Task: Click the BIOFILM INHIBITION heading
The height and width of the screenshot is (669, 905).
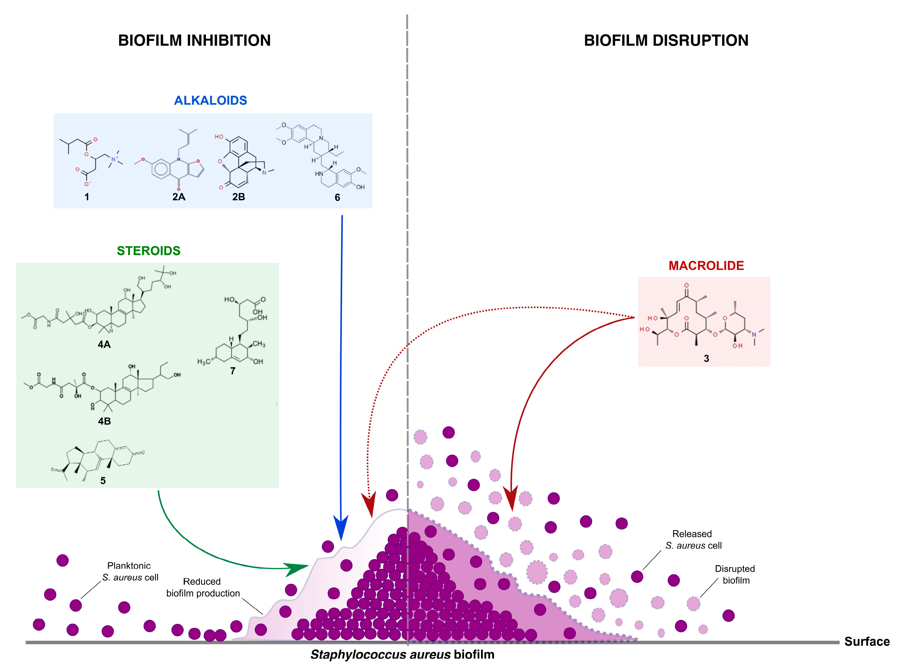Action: [x=194, y=40]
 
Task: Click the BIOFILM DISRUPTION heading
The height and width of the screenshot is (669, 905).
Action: [x=666, y=40]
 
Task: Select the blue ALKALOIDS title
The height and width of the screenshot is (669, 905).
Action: [x=210, y=100]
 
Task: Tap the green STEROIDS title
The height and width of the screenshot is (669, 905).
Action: [x=149, y=251]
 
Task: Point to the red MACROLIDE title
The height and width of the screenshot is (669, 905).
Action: [x=706, y=266]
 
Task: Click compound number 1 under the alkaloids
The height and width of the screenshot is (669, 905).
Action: [x=87, y=197]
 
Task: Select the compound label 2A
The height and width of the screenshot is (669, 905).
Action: [x=179, y=197]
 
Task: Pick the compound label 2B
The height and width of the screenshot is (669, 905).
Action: [x=238, y=197]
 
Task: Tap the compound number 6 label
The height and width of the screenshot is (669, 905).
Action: [x=337, y=198]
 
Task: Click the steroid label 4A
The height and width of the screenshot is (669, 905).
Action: [x=104, y=345]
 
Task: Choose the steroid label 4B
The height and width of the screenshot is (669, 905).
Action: [x=104, y=421]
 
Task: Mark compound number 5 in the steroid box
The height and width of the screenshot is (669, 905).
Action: [x=103, y=481]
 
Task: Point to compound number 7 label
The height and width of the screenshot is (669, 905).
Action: [x=233, y=371]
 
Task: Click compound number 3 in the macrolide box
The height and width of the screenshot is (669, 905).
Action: [x=706, y=359]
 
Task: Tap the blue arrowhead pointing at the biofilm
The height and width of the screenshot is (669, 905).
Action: [x=341, y=529]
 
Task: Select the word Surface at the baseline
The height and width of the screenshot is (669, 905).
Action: [x=867, y=642]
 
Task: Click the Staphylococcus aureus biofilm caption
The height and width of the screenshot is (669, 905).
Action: [x=402, y=655]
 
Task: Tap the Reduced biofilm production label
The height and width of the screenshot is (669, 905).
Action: [x=203, y=587]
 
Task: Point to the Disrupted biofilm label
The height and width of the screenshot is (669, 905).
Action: [x=735, y=574]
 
